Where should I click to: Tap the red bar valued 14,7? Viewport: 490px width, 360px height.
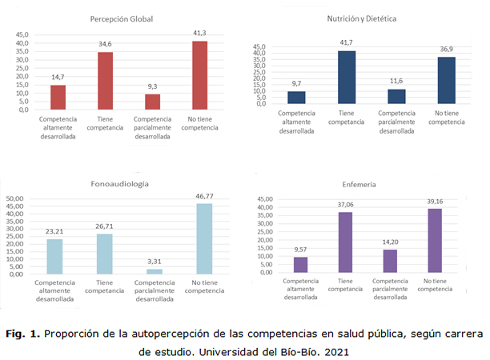58,97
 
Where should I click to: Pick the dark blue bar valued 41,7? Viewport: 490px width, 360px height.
346,77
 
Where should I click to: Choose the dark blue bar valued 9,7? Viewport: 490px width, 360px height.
296,97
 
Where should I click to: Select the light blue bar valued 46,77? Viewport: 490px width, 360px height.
204,238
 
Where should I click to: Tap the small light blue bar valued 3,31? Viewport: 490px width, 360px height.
155,270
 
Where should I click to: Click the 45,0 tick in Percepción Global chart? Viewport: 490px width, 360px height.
20,35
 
